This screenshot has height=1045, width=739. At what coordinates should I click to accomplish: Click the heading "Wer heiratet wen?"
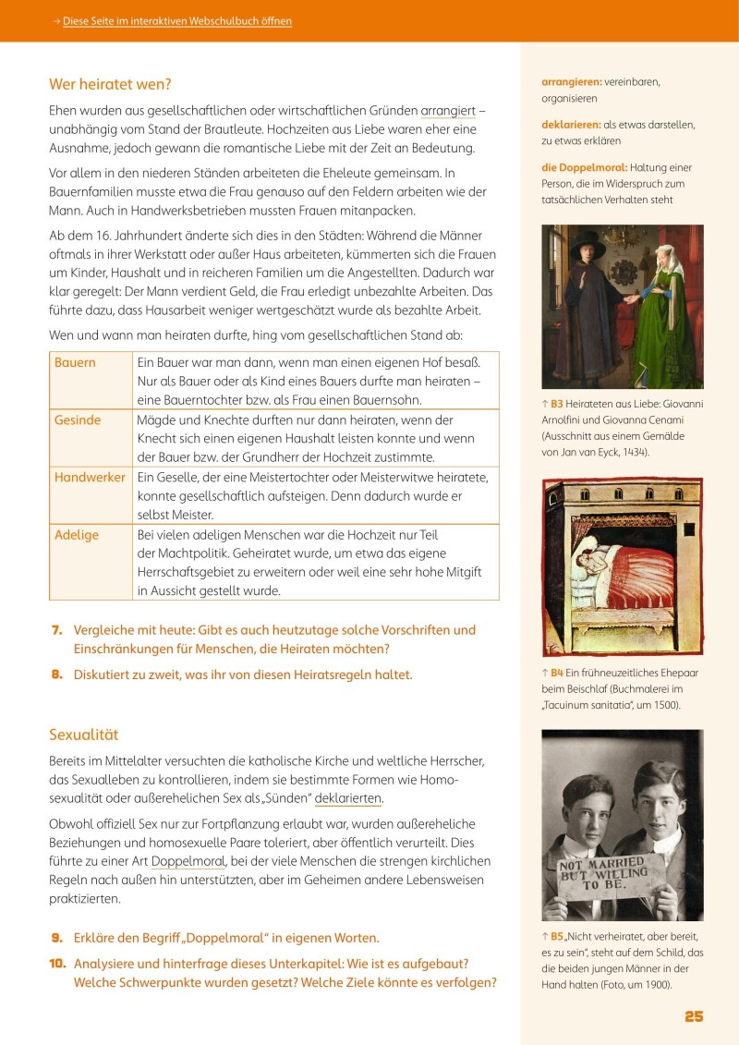pyautogui.click(x=110, y=84)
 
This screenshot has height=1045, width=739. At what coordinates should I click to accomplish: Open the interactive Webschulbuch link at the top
pyautogui.click(x=176, y=21)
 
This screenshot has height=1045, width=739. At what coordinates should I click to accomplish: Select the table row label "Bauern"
pyautogui.click(x=75, y=362)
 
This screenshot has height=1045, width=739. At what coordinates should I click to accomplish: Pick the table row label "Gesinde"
pyautogui.click(x=78, y=419)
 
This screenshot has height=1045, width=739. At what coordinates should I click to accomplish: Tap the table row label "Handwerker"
pyautogui.click(x=90, y=477)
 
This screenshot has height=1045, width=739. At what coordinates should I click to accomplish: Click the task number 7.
pyautogui.click(x=56, y=630)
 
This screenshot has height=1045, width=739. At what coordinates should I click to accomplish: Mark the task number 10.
pyautogui.click(x=55, y=963)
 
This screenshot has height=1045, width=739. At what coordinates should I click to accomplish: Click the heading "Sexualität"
pyautogui.click(x=84, y=735)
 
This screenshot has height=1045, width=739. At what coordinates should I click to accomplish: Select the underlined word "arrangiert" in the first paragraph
pyautogui.click(x=448, y=110)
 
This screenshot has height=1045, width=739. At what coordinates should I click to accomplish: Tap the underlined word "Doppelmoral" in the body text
pyautogui.click(x=188, y=860)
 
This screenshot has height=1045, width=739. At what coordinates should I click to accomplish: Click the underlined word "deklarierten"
pyautogui.click(x=348, y=798)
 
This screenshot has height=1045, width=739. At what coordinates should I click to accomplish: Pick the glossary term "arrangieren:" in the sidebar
pyautogui.click(x=574, y=81)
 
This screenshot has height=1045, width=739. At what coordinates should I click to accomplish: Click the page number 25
pyautogui.click(x=694, y=1016)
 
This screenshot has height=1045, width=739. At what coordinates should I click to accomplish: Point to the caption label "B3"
pyautogui.click(x=556, y=404)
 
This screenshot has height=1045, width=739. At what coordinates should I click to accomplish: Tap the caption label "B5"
pyautogui.click(x=556, y=936)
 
